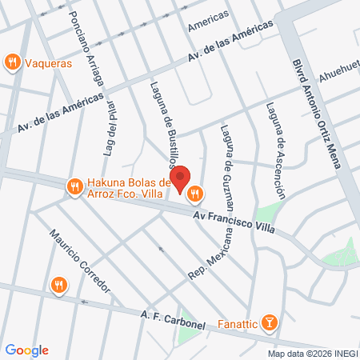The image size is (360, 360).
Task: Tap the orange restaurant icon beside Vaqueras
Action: [x=12, y=62]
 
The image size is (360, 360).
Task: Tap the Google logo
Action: [x=26, y=350]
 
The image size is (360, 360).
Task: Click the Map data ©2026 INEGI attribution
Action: [x=312, y=353]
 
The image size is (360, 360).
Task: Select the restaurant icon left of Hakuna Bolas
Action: [x=74, y=186]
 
